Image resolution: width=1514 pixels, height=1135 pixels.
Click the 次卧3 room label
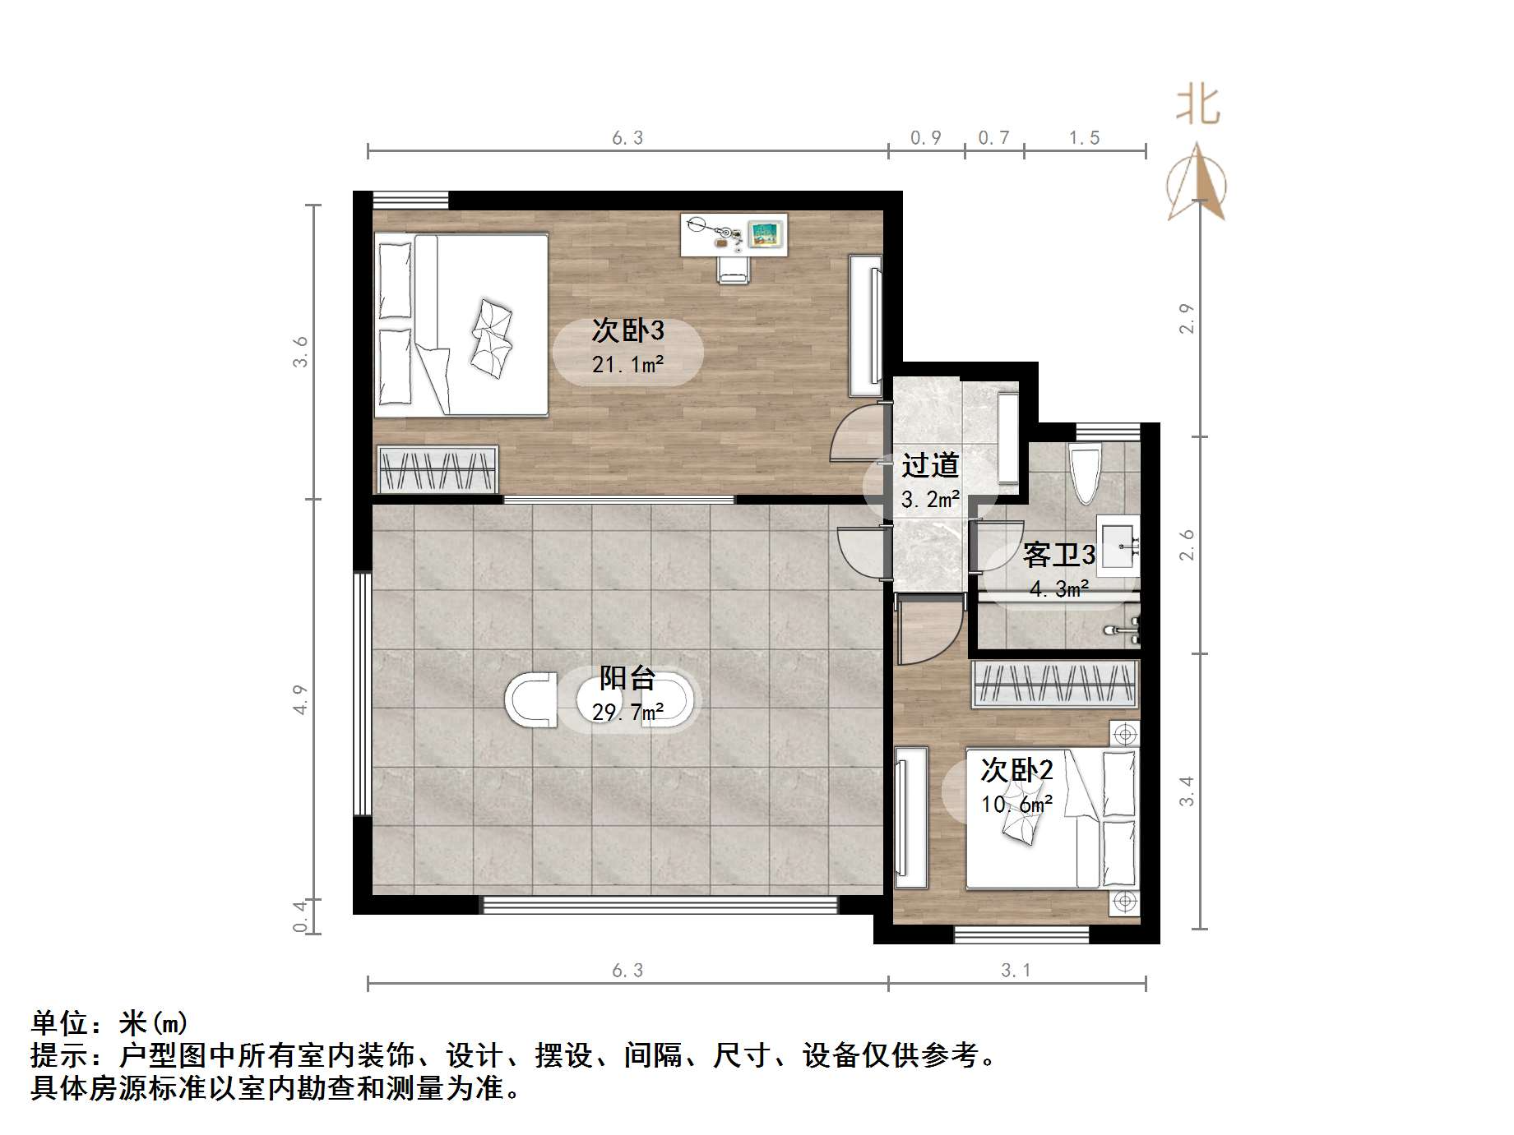[627, 330]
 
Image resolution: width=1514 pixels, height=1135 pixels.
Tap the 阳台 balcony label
[627, 678]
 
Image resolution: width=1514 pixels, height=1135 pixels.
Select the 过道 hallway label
[930, 465]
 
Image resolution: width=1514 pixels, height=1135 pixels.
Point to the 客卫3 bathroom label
[1058, 556]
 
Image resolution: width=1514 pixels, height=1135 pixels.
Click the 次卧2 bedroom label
[1016, 770]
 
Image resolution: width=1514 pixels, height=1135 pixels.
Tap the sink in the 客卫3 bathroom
[1118, 542]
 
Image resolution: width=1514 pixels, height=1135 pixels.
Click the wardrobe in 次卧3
[438, 469]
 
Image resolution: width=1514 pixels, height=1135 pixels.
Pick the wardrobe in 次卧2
[1055, 684]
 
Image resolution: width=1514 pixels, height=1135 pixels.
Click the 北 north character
[1197, 106]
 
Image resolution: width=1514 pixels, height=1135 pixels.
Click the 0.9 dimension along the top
[925, 138]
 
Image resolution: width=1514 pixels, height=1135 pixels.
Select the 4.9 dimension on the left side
[300, 699]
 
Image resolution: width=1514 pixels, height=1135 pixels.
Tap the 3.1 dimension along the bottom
[1016, 971]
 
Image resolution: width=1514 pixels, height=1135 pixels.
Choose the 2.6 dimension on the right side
[1187, 544]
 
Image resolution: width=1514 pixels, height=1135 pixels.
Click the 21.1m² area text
[627, 363]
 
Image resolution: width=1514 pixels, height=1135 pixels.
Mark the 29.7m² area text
[627, 712]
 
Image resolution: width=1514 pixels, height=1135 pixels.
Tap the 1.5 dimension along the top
[1084, 138]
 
